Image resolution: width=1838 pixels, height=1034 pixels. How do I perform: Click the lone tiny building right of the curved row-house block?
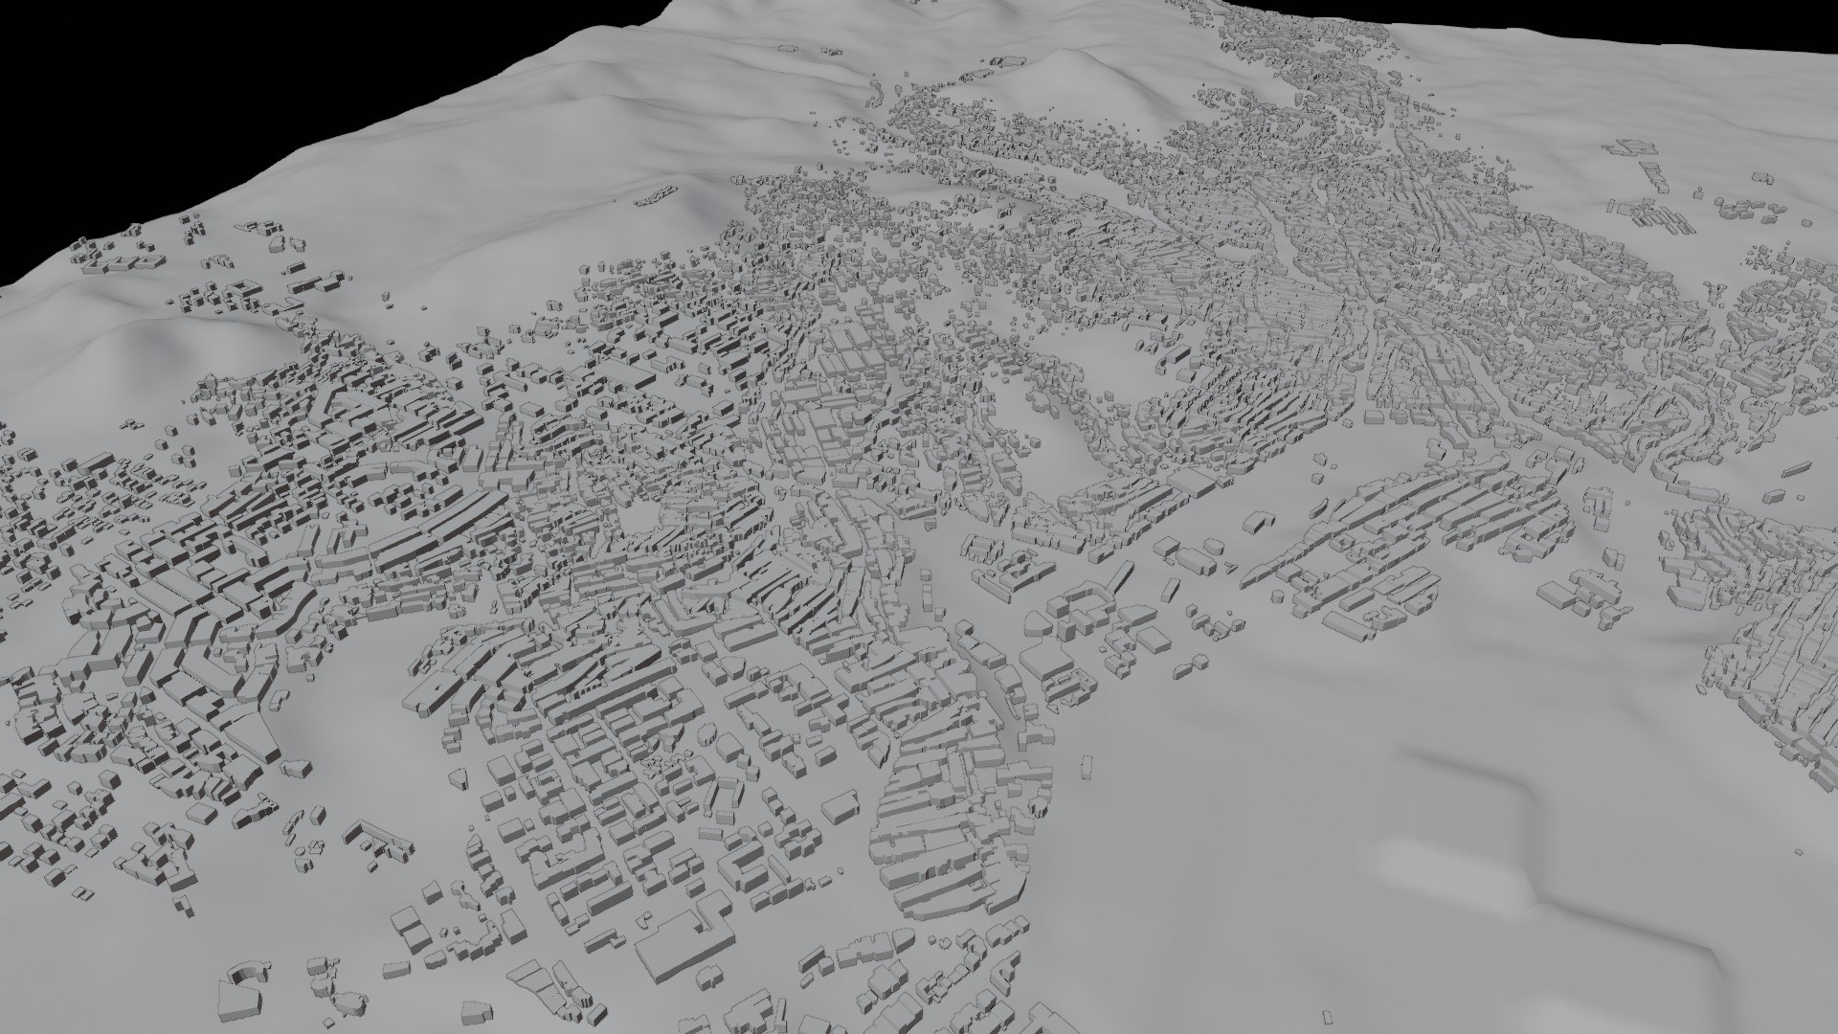[1087, 765]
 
